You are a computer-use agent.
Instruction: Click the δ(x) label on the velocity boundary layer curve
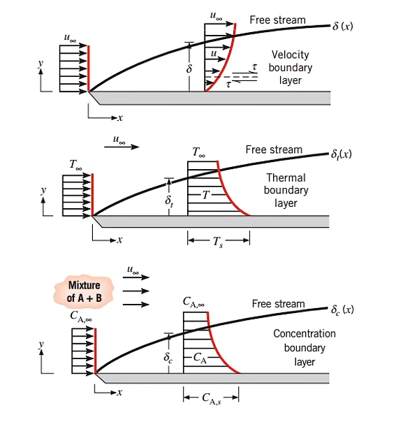click(343, 27)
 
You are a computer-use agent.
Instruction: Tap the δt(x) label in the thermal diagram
click(342, 154)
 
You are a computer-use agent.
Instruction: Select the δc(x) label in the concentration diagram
click(342, 310)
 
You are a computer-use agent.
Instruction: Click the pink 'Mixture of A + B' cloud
click(85, 291)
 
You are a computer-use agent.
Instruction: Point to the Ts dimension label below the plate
click(218, 242)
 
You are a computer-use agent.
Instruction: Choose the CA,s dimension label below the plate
click(212, 398)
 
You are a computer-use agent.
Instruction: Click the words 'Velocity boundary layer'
click(291, 67)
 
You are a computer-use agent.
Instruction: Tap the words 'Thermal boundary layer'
click(286, 191)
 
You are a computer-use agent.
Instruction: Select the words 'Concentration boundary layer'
click(305, 347)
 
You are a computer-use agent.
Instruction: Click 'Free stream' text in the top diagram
click(277, 20)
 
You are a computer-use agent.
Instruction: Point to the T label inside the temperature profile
click(206, 195)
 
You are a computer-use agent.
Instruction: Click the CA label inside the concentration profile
click(200, 358)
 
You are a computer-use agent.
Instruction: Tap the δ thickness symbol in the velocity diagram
click(189, 68)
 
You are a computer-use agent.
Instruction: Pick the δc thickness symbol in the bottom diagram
click(168, 358)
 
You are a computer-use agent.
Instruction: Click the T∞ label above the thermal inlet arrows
click(75, 165)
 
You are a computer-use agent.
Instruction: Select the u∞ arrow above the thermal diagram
click(122, 147)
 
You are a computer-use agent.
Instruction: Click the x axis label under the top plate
click(120, 118)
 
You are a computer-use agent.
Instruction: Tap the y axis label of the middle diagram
click(43, 190)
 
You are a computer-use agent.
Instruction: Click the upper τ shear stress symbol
click(254, 67)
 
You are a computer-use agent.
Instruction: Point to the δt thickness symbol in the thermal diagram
click(169, 201)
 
